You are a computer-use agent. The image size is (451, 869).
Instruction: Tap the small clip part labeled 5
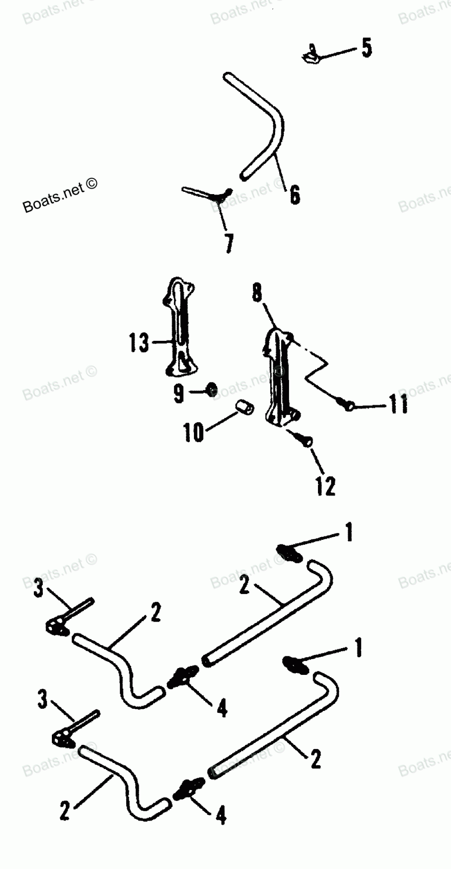point(310,55)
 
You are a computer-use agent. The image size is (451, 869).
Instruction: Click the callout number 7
point(229,244)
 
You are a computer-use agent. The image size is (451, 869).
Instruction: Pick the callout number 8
point(256,294)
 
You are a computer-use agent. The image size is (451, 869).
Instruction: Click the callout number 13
point(138,343)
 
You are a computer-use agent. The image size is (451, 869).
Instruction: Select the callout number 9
point(179,394)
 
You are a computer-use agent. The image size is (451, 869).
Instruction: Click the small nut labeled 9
point(211,389)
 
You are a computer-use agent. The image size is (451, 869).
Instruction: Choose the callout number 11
point(398,404)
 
